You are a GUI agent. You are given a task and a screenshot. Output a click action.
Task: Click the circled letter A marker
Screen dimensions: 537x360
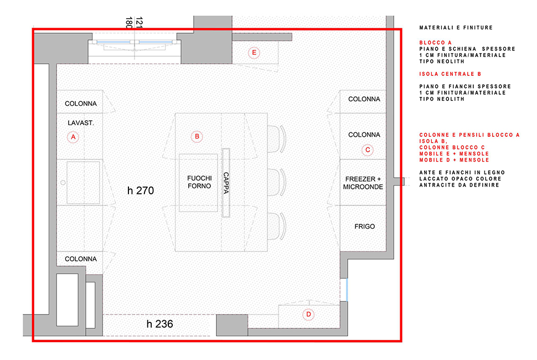pyautogui.click(x=73, y=137)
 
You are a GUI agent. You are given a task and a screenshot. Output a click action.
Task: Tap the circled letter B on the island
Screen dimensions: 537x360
pyautogui.click(x=197, y=136)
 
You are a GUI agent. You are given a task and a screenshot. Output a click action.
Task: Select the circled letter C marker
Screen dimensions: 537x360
pyautogui.click(x=368, y=150)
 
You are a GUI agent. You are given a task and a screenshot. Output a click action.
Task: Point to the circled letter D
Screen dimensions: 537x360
pyautogui.click(x=308, y=315)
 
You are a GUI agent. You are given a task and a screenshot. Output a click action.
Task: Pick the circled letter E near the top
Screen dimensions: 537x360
pyautogui.click(x=254, y=53)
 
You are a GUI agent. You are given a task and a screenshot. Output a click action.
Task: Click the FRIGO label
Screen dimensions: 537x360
pyautogui.click(x=364, y=227)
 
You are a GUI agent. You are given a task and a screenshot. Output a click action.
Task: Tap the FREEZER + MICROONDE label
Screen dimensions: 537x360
pyautogui.click(x=363, y=183)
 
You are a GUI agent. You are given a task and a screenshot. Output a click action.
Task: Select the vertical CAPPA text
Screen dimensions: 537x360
pyautogui.click(x=226, y=183)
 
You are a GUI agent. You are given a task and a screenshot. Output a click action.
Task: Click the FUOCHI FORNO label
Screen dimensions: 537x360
pyautogui.click(x=199, y=182)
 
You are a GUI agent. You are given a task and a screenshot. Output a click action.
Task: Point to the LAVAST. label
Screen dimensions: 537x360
pyautogui.click(x=80, y=122)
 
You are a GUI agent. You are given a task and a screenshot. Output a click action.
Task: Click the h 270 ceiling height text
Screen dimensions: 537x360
pyautogui.click(x=141, y=191)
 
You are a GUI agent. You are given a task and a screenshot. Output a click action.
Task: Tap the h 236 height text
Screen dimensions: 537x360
pyautogui.click(x=159, y=323)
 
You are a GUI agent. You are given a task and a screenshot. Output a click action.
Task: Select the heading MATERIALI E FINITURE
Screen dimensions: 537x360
pyautogui.click(x=456, y=28)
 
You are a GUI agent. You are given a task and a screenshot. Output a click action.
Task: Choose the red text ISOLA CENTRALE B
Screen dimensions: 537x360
pyautogui.click(x=450, y=74)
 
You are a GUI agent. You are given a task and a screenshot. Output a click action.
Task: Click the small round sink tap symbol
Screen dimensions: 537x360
pyautogui.click(x=63, y=183)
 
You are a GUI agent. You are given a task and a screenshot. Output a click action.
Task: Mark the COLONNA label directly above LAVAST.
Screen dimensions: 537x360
pyautogui.click(x=81, y=104)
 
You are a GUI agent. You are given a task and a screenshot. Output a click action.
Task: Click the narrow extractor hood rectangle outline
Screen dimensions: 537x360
pyautogui.click(x=226, y=183)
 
